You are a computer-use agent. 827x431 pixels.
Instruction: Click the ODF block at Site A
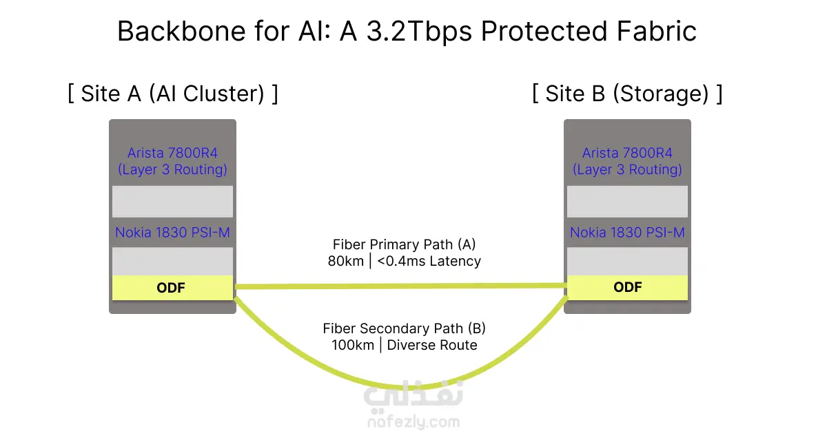(x=172, y=288)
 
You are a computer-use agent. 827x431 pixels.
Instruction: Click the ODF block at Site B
(x=627, y=288)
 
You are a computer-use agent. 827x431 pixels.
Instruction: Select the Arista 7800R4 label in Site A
(x=172, y=153)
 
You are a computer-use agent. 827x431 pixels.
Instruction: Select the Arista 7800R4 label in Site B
(x=627, y=153)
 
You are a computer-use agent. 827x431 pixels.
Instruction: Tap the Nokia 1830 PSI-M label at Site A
(x=172, y=233)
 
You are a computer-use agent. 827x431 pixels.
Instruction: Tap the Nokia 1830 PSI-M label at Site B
(x=627, y=233)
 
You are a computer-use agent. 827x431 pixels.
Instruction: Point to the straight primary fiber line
(x=400, y=286)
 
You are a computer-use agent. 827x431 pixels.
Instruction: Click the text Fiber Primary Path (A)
(x=405, y=244)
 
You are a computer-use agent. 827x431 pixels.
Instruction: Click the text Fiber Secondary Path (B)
(x=405, y=328)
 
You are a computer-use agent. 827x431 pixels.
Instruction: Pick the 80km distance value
(x=346, y=262)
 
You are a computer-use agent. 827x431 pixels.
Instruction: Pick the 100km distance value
(x=350, y=346)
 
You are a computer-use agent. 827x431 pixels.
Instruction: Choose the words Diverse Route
(x=432, y=346)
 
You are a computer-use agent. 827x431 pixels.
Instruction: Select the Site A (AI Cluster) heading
(x=172, y=94)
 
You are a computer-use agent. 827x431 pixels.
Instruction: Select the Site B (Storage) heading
(x=627, y=94)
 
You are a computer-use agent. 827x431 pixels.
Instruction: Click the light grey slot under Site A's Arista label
(x=172, y=201)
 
